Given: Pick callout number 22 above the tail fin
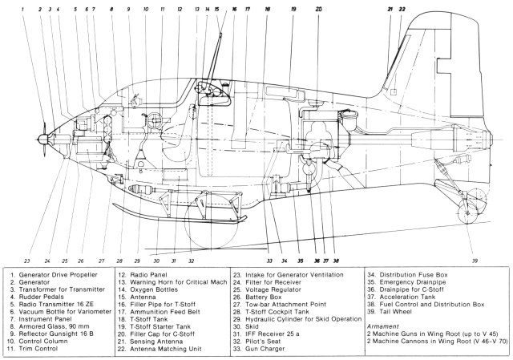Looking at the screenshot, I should [x=403, y=10].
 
